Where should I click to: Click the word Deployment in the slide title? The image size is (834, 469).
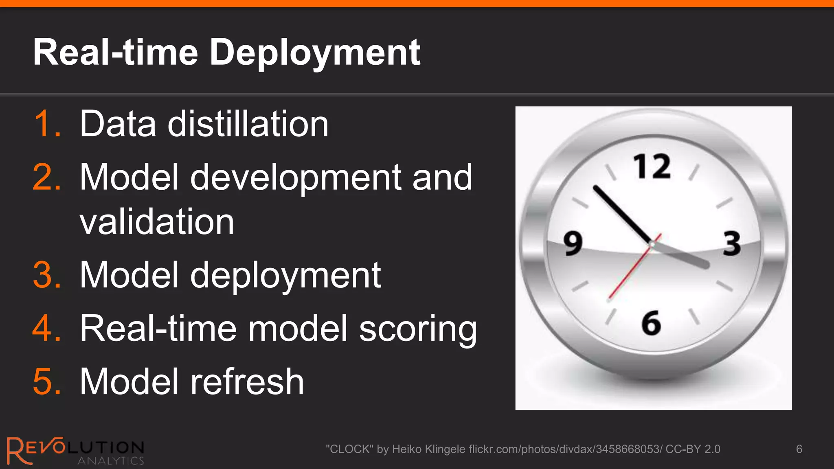click(x=315, y=53)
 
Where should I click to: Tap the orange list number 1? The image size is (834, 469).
click(x=46, y=124)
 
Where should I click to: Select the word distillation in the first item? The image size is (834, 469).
click(x=248, y=124)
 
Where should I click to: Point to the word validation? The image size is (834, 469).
click(x=157, y=222)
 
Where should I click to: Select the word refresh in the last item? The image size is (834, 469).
click(x=247, y=381)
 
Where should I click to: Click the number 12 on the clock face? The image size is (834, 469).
click(x=652, y=167)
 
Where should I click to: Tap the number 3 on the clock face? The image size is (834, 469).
click(x=732, y=243)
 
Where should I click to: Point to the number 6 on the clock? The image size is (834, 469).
click(x=651, y=323)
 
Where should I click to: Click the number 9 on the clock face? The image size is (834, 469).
click(x=573, y=243)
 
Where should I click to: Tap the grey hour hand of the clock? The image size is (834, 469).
click(x=684, y=257)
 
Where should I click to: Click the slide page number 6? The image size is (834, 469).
click(x=799, y=449)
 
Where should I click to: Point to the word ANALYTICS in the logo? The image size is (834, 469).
click(x=111, y=461)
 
